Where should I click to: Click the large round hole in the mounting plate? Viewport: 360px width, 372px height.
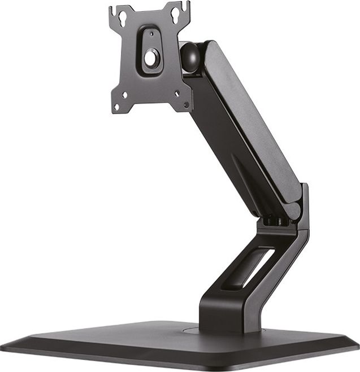pos(152,58)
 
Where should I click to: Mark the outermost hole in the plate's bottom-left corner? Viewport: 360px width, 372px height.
pos(117,106)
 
